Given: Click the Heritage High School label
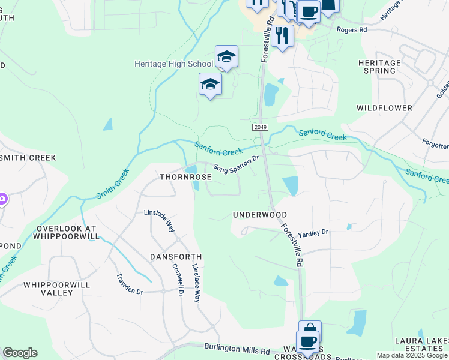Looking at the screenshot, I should (x=173, y=64).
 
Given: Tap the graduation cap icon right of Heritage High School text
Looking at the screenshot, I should (x=226, y=57).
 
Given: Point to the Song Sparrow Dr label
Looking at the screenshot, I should (x=236, y=165).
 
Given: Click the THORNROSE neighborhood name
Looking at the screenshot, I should (x=185, y=178).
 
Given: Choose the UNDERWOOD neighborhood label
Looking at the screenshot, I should (x=260, y=215).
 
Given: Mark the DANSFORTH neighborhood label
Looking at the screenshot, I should (x=176, y=257).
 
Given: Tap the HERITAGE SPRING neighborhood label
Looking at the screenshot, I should (x=379, y=67).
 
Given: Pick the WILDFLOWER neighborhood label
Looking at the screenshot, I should (x=384, y=108).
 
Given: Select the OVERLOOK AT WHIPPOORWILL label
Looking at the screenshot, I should (x=67, y=233).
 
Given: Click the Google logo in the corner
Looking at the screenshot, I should (x=20, y=353).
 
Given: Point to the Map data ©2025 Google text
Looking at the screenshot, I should (x=411, y=355).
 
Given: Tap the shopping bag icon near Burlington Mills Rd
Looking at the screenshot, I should (x=310, y=331).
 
